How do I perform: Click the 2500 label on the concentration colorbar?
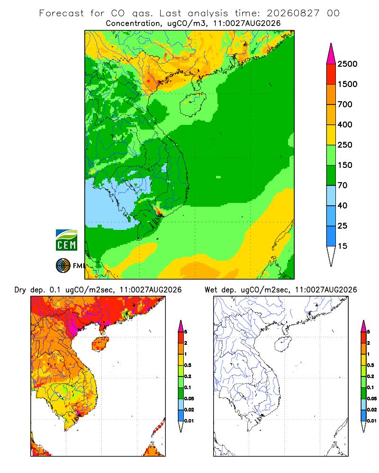347,64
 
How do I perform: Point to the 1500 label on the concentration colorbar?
347,84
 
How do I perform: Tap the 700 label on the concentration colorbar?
345,105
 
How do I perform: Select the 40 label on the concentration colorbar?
342,205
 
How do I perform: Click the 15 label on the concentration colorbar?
342,246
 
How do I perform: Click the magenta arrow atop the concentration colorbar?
331,54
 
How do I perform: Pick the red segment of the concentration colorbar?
331,74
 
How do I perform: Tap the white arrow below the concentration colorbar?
331,256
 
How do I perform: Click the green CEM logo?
66,240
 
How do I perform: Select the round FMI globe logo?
63,266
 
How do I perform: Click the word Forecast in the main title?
62,13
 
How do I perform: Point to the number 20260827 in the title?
293,13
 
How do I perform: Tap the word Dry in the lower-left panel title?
20,290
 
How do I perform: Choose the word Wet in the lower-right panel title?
211,290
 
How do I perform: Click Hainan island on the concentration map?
192,105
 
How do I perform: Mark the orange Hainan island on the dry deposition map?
100,344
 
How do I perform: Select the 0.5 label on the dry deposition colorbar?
188,365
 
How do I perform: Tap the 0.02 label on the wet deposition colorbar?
372,410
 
